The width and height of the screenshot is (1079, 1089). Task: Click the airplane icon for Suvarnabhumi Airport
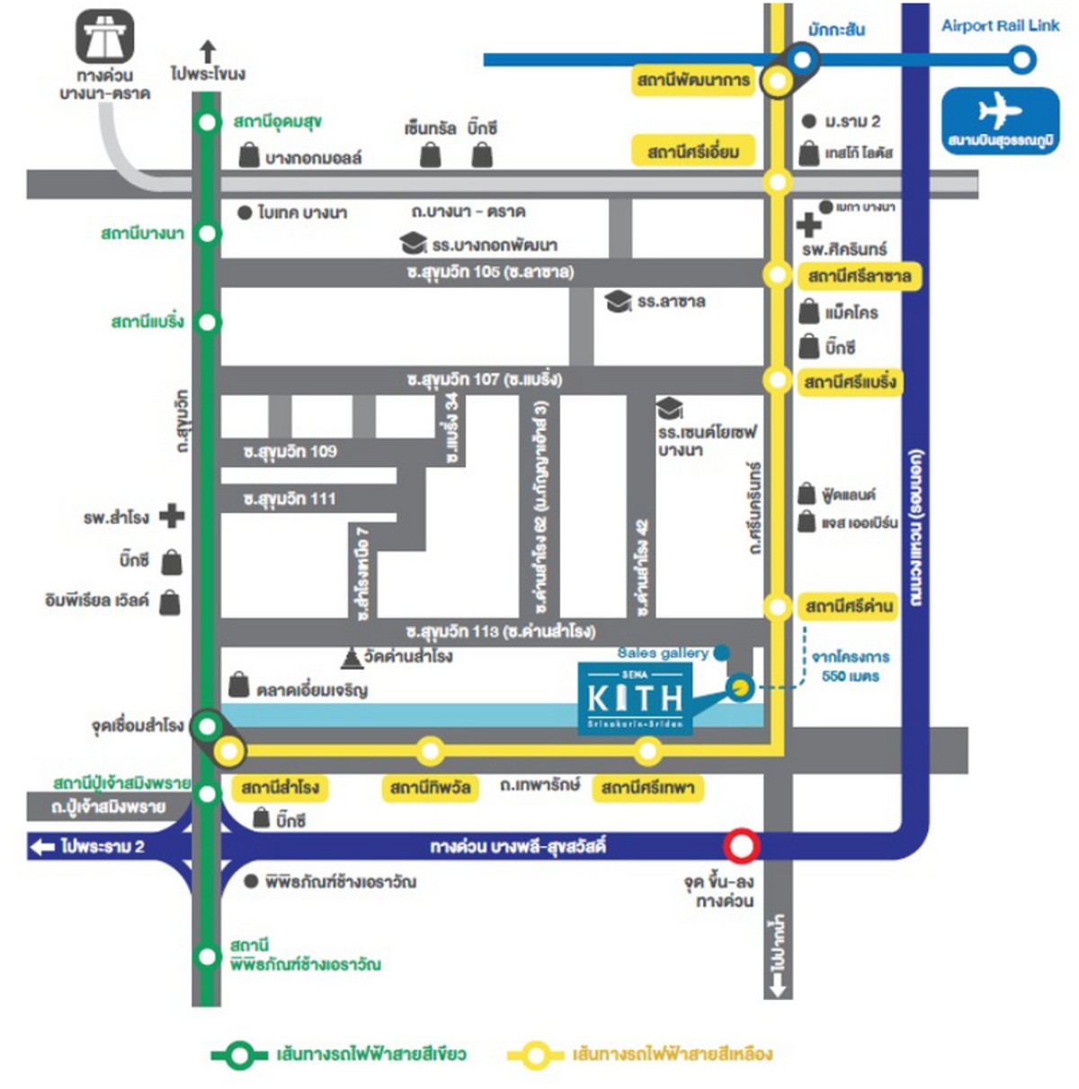999,112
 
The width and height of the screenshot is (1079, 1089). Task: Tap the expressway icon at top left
104,37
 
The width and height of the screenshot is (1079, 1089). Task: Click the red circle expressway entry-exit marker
741,845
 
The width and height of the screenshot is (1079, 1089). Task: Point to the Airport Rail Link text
1000,25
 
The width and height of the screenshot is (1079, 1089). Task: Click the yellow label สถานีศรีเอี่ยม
693,152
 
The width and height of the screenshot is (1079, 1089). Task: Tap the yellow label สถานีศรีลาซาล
859,275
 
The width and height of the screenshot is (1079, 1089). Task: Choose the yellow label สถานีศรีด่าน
849,606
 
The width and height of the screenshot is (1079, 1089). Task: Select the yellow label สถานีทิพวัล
430,788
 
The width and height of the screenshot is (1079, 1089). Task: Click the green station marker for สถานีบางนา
208,234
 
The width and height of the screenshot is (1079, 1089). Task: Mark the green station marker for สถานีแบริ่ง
208,322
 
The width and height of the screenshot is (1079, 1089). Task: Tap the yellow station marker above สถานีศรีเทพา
647,750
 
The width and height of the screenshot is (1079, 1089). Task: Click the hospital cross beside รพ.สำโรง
171,516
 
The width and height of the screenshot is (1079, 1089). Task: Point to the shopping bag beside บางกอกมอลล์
249,156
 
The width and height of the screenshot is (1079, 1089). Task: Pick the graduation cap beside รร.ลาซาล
618,301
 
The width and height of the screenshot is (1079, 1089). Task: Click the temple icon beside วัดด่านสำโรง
351,658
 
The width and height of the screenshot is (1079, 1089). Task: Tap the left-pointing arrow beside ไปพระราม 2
42,846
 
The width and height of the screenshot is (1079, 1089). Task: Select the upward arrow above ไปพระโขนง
208,50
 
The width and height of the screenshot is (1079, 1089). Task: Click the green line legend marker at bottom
238,1055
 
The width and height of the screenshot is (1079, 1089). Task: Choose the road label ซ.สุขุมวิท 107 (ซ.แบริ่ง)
484,379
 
